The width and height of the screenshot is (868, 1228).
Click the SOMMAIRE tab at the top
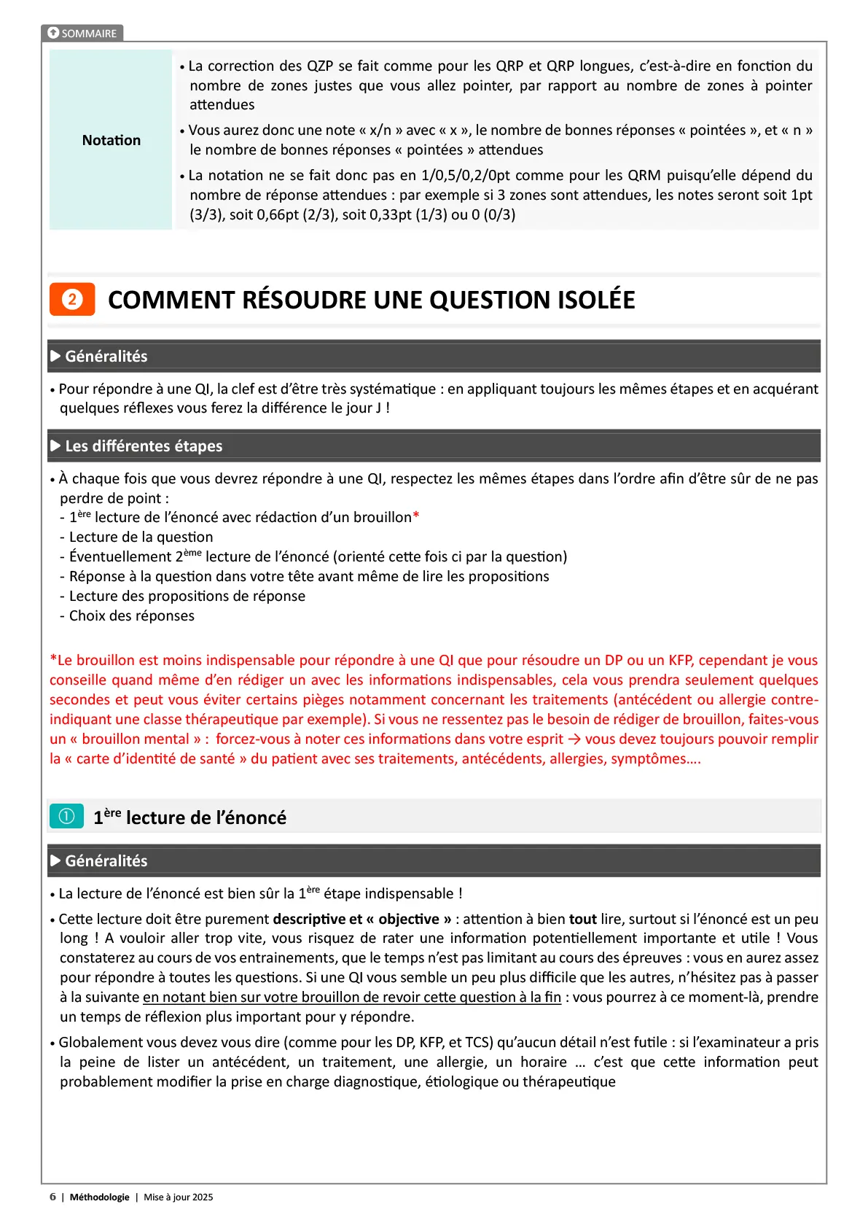tap(82, 34)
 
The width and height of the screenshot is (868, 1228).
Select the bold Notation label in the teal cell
tap(111, 140)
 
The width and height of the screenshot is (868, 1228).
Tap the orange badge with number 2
tap(72, 299)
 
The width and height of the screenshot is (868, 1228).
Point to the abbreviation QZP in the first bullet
tap(319, 66)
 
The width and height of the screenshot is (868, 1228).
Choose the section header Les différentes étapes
tap(144, 446)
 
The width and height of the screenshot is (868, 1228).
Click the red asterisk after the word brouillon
tap(416, 517)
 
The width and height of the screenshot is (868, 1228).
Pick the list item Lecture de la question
tap(141, 537)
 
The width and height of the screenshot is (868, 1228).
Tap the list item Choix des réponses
tap(131, 616)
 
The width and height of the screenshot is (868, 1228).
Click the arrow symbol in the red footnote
tap(574, 739)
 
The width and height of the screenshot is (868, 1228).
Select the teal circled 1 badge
tap(66, 817)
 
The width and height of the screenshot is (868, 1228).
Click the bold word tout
tap(582, 920)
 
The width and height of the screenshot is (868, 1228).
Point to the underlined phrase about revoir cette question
tap(352, 998)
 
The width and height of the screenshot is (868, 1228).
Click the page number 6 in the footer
tap(52, 1197)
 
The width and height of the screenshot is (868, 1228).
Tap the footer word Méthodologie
tap(99, 1197)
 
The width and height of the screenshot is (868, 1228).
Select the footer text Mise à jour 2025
tap(178, 1197)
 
